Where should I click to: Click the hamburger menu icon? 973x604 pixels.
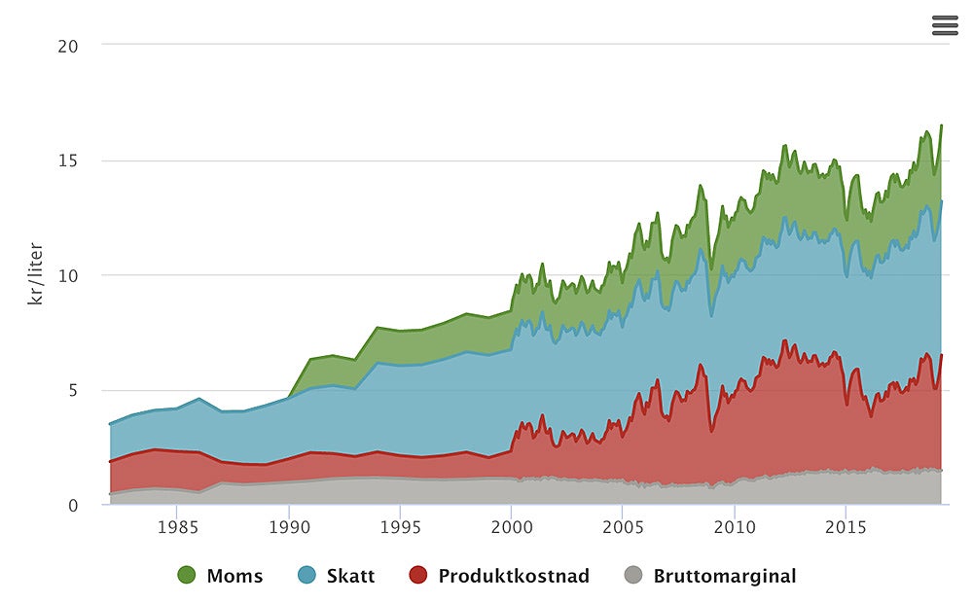[x=945, y=25]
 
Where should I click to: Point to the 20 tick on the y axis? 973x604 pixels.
[x=68, y=45]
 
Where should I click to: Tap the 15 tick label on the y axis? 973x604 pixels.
[x=69, y=160]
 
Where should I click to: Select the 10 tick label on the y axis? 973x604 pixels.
[x=68, y=275]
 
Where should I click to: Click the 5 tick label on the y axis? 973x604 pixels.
[x=73, y=390]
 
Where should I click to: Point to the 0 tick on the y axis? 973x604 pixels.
[x=73, y=505]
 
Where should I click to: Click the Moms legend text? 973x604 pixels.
[x=234, y=576]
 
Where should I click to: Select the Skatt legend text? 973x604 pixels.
[x=349, y=576]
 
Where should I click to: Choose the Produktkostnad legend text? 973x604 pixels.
[x=514, y=576]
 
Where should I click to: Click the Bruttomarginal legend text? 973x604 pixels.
[x=725, y=576]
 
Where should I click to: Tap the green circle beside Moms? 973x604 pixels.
[x=188, y=576]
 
